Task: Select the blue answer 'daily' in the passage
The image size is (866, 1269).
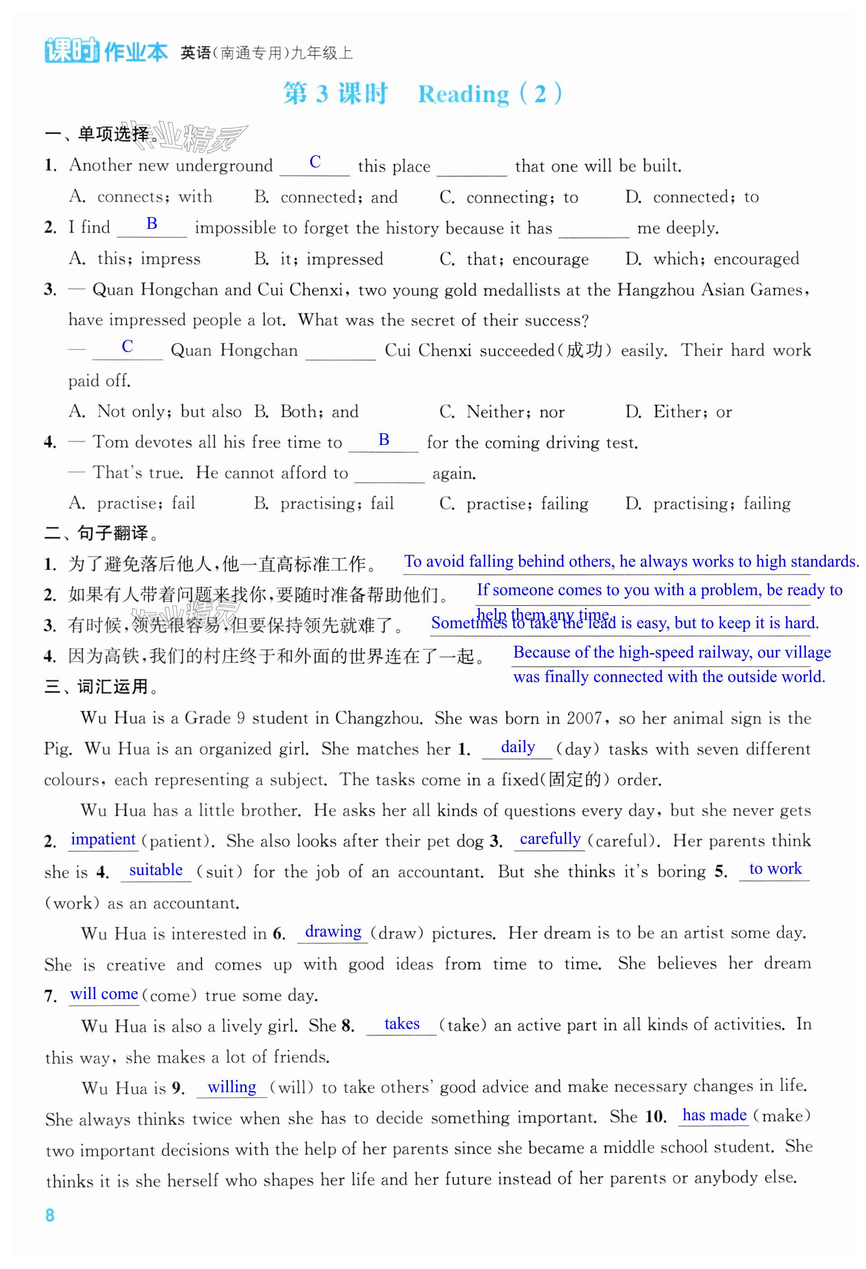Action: click(x=518, y=747)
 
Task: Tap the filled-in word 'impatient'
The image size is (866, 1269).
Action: click(x=103, y=839)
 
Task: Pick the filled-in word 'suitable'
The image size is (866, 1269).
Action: click(x=156, y=869)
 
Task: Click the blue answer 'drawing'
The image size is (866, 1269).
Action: click(x=333, y=931)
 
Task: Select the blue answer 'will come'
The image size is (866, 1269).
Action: click(x=104, y=993)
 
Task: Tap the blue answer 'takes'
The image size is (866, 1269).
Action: click(x=402, y=1023)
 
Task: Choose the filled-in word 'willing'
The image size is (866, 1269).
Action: click(x=232, y=1087)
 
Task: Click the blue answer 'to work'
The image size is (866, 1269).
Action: click(x=776, y=868)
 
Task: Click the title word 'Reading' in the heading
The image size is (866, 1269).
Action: click(x=464, y=95)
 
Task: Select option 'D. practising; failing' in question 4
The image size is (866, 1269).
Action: click(x=708, y=503)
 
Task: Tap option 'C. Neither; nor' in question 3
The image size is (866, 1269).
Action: click(x=502, y=412)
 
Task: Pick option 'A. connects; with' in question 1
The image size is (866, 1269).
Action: click(x=141, y=197)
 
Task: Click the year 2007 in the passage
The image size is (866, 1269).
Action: click(x=587, y=718)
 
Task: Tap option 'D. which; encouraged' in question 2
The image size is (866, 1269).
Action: click(x=712, y=259)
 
